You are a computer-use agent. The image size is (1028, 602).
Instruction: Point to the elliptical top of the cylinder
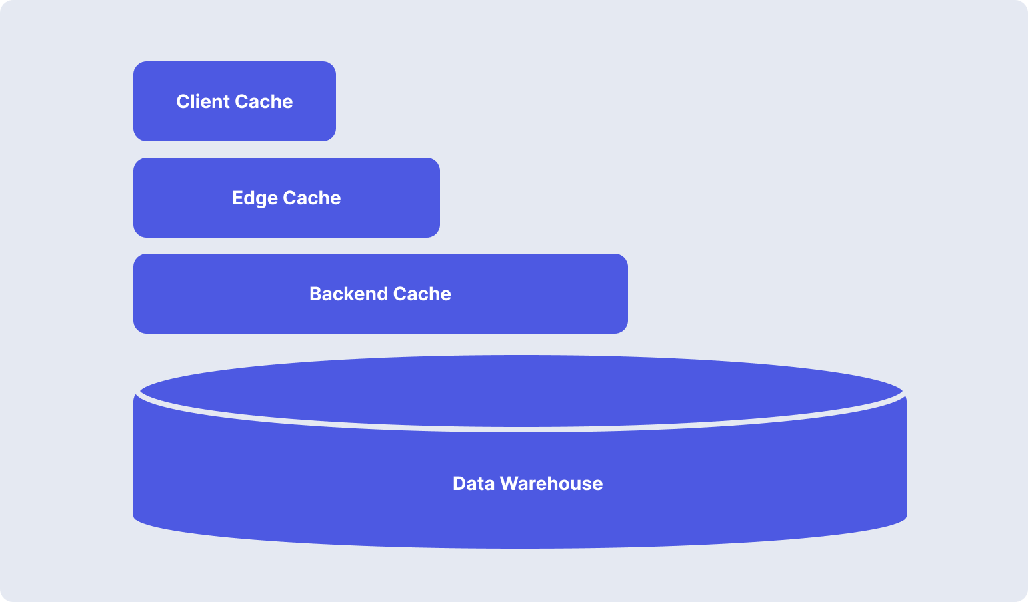520,391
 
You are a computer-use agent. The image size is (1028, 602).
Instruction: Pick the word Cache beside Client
263,101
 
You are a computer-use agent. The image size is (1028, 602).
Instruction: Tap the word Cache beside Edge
312,198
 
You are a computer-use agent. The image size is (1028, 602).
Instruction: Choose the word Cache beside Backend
422,294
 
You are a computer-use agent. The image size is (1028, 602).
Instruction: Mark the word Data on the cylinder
473,483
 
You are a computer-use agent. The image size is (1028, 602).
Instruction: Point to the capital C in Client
183,101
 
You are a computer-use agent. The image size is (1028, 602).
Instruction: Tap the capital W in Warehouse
509,483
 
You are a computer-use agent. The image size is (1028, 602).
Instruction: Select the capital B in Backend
315,294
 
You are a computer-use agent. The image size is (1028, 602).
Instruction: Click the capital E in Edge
237,198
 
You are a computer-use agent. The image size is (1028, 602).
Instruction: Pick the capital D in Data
459,483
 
